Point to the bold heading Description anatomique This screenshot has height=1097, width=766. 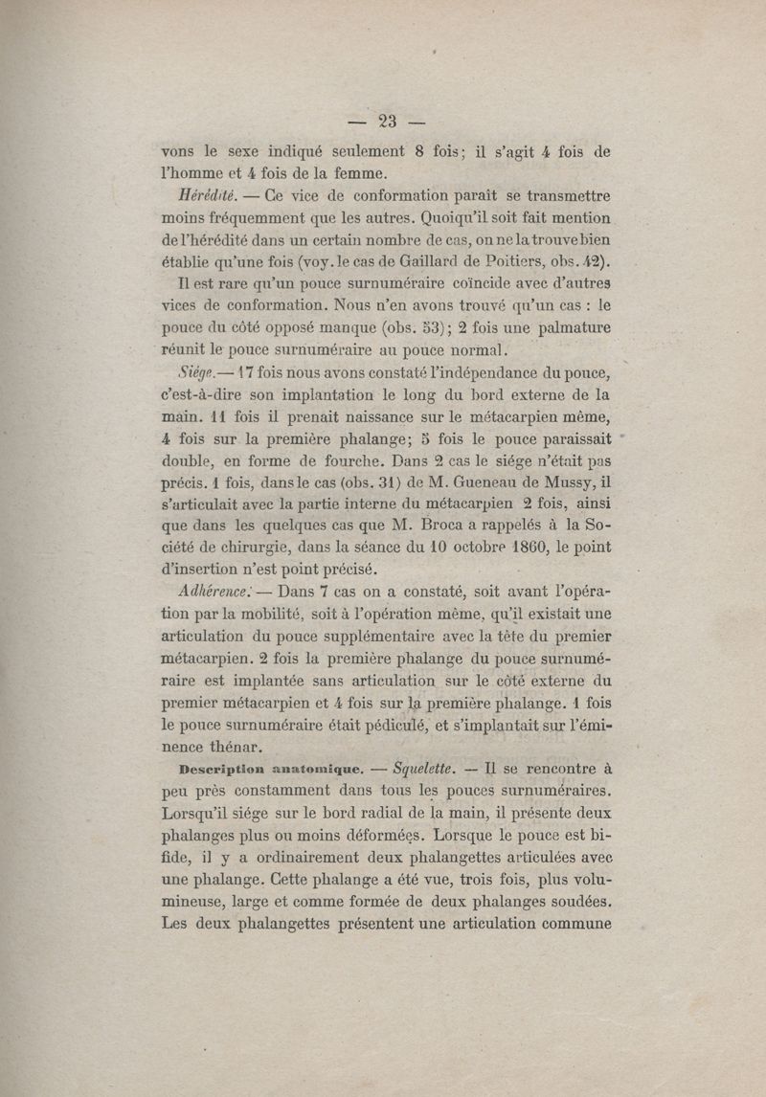coord(270,768)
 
